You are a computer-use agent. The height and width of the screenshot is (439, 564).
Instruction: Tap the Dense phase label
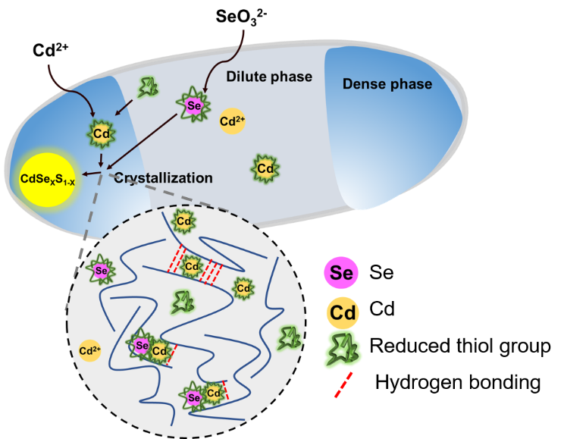click(387, 84)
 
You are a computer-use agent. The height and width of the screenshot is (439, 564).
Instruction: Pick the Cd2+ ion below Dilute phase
click(232, 121)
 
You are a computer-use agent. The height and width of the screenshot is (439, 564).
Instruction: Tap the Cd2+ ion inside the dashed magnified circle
click(90, 350)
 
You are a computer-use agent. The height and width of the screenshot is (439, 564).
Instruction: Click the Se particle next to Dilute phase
click(193, 106)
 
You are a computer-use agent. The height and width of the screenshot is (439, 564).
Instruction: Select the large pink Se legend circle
click(341, 273)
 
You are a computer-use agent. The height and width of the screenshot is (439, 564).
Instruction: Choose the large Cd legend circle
click(342, 312)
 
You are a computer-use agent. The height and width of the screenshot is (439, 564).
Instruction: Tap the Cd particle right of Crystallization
click(265, 168)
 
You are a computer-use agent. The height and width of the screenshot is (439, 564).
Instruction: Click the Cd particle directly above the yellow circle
click(102, 134)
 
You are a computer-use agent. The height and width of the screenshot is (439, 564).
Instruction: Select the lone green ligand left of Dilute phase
click(148, 88)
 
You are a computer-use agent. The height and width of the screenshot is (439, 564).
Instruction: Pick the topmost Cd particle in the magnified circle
click(183, 222)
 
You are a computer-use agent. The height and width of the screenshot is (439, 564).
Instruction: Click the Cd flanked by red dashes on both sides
click(192, 266)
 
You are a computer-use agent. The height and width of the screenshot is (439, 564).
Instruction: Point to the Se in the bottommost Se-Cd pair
click(193, 397)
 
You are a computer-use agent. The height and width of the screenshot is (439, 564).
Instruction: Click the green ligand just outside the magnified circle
click(288, 337)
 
